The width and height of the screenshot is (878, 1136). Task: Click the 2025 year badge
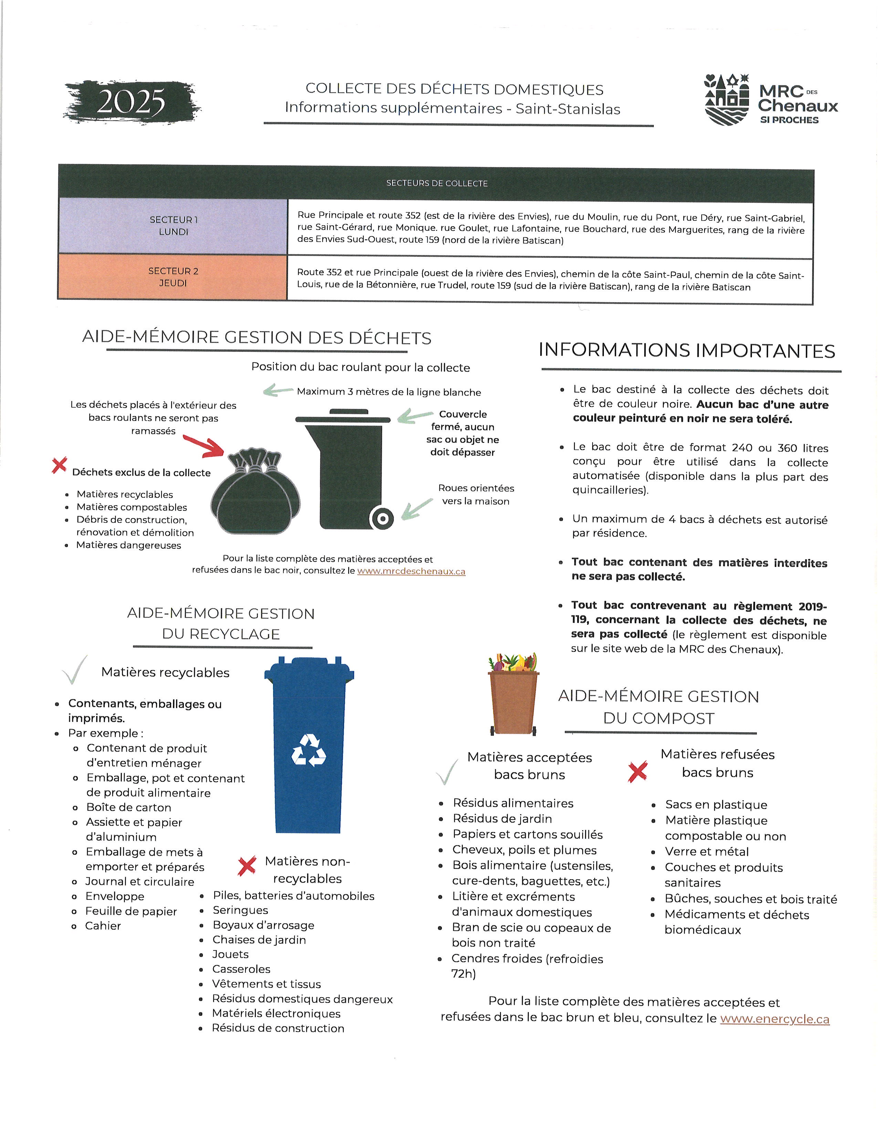(132, 102)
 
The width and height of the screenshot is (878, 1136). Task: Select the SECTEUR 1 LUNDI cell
(173, 226)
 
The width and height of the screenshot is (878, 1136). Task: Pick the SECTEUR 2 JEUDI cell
(173, 277)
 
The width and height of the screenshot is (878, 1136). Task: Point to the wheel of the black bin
(382, 518)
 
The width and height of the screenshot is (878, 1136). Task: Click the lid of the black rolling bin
(343, 418)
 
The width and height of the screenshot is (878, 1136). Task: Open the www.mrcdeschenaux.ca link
(411, 571)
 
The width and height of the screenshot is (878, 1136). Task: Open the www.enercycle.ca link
(774, 1019)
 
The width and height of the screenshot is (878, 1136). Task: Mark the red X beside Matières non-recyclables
(247, 865)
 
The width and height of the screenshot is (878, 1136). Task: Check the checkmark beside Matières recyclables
(74, 670)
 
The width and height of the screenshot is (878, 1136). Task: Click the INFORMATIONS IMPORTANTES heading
(687, 350)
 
